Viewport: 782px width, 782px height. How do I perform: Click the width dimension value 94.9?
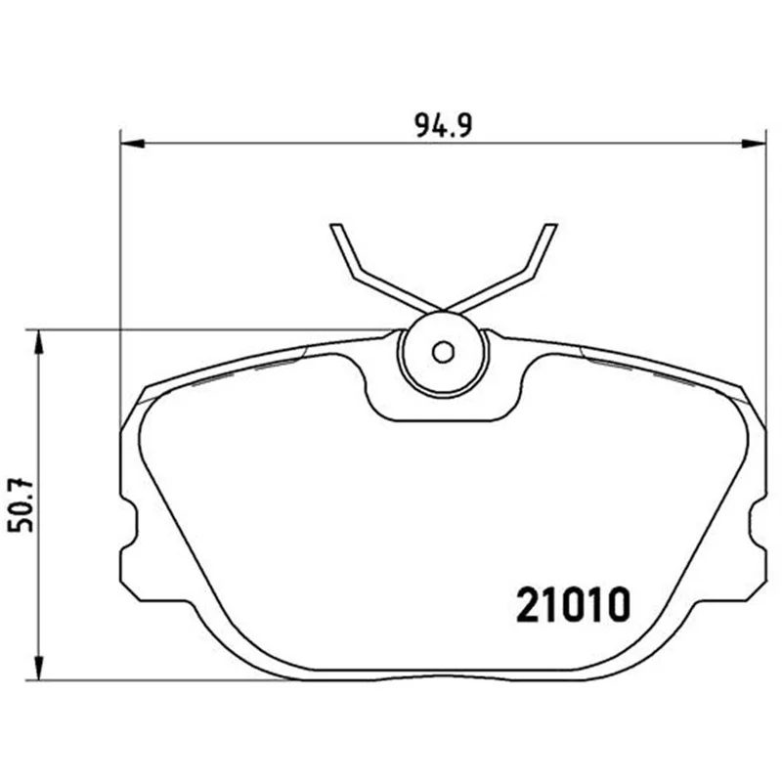(444, 126)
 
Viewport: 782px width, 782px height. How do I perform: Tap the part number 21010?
(573, 604)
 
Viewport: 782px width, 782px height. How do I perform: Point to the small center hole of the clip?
(443, 352)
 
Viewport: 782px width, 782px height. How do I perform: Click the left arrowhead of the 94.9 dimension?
(132, 144)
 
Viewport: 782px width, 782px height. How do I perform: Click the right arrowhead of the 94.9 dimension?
(754, 144)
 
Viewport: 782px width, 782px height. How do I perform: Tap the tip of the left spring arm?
(335, 226)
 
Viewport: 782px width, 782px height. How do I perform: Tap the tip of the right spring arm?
(550, 226)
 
